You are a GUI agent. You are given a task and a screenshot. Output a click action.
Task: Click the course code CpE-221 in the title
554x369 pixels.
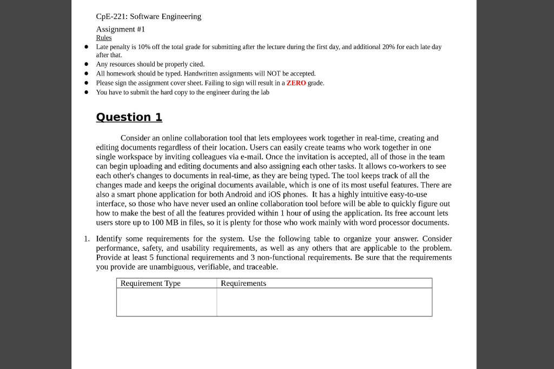point(110,17)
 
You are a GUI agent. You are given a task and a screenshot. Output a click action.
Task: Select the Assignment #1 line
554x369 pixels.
point(120,29)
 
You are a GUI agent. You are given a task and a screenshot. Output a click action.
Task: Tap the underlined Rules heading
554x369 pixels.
point(103,38)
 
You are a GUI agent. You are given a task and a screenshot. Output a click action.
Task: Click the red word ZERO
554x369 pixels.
point(296,83)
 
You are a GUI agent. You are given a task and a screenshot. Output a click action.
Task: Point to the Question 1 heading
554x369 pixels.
point(129,117)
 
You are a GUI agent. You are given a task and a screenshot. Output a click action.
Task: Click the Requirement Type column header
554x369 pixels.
point(150,284)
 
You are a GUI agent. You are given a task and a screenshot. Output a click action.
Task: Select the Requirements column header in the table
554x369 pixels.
point(243,284)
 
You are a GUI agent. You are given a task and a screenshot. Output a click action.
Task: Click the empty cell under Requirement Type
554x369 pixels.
point(166,302)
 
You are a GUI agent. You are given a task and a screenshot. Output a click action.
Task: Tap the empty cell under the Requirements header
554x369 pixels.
point(324,302)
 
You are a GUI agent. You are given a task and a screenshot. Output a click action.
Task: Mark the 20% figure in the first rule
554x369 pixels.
point(388,47)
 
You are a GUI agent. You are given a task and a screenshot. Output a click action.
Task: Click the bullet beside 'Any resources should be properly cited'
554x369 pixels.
point(85,64)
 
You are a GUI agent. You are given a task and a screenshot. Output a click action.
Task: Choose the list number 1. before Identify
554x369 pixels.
point(87,239)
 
